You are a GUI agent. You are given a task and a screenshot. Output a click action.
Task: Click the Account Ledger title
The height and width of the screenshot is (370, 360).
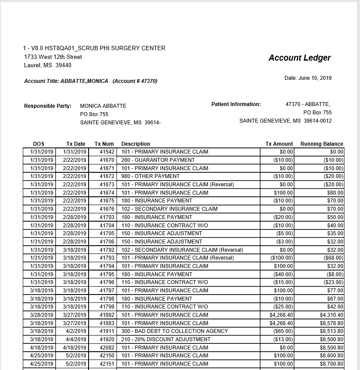[x=299, y=58]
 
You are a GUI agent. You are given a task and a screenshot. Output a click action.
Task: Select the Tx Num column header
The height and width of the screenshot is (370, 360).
[x=104, y=144]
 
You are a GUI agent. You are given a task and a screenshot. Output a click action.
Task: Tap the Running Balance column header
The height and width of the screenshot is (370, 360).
[x=322, y=144]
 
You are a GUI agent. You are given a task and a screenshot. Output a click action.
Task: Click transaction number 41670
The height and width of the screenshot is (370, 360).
[x=107, y=160]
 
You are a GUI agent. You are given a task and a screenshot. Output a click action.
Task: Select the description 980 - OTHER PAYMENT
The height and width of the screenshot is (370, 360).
[x=151, y=176]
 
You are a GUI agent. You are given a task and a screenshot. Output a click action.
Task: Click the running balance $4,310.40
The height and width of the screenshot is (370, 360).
[x=331, y=315]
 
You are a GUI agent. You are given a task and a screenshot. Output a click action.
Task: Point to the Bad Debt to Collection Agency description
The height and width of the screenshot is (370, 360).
[x=175, y=331]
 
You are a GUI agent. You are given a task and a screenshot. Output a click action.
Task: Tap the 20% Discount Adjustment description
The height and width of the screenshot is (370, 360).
[x=166, y=339]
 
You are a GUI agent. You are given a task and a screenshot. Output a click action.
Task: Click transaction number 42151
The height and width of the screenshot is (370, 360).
[x=107, y=364]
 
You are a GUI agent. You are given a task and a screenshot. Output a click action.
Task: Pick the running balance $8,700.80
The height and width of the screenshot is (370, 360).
[x=331, y=364]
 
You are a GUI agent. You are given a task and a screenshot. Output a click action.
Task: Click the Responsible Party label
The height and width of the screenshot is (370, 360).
[x=48, y=106]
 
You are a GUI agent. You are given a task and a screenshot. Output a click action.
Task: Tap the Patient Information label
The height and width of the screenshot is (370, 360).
[x=236, y=104]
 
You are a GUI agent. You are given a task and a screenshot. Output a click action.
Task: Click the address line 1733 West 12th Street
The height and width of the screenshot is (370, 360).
[x=53, y=57]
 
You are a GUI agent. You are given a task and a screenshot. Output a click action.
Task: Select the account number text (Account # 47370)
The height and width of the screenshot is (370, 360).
[x=135, y=81]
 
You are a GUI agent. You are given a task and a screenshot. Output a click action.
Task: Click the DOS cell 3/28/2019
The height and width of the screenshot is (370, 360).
[x=41, y=315]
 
